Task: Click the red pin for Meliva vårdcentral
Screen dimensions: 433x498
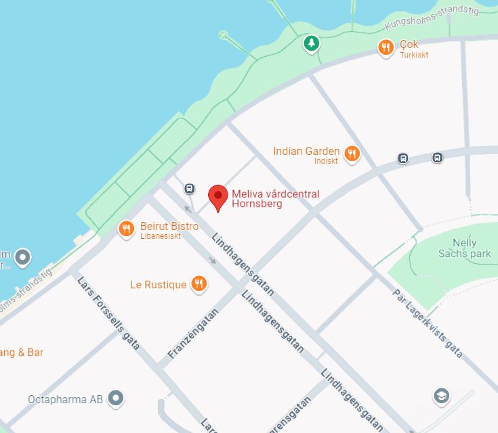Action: pos(217,196)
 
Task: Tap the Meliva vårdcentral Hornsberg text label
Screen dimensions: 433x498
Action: pos(275,199)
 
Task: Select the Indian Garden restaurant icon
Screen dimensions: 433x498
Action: pos(352,154)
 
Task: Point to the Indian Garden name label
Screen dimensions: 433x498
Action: pos(306,151)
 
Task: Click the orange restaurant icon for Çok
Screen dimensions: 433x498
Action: pos(386,47)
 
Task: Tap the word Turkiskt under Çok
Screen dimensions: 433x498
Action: pos(413,55)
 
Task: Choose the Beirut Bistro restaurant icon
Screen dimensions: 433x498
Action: pos(127,230)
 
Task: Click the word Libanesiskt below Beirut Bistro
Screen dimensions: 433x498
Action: pos(161,236)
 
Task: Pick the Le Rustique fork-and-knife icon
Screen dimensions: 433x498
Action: pos(199,284)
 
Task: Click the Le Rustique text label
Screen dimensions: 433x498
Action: pos(158,285)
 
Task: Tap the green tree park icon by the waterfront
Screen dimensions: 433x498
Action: pos(311,44)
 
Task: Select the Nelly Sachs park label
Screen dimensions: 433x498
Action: pos(464,248)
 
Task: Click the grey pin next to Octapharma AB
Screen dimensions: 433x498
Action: pos(117,398)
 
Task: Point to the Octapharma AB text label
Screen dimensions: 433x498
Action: pos(65,399)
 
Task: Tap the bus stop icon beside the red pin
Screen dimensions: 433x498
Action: pos(190,189)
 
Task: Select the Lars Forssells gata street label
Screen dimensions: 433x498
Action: pos(108,313)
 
